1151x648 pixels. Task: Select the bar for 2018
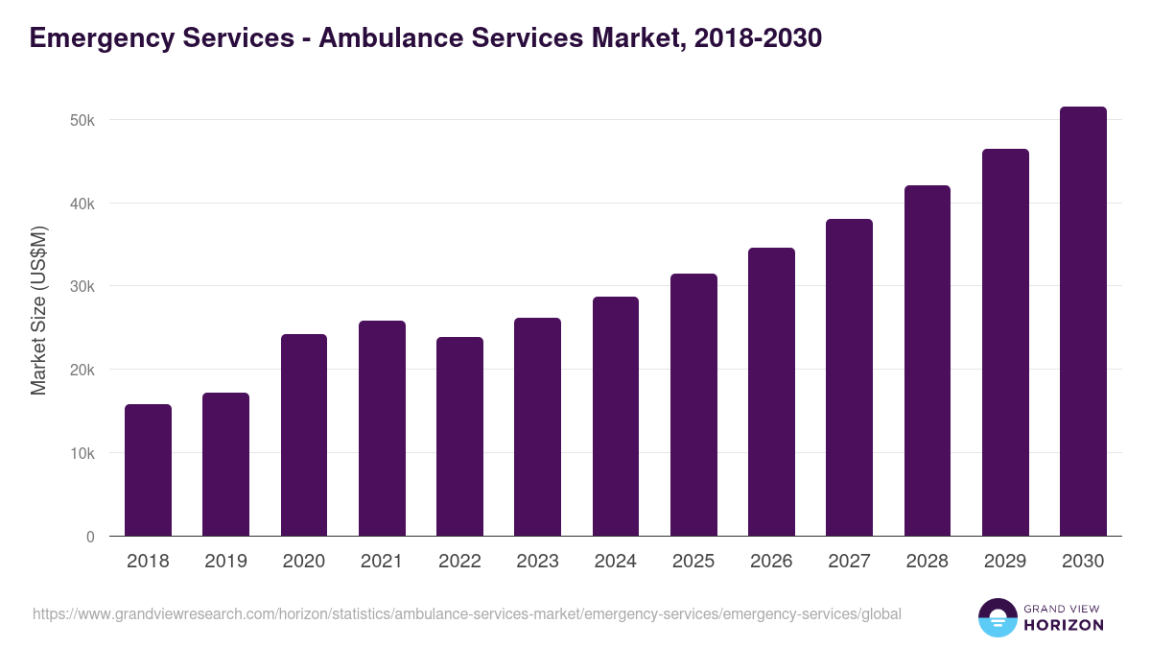148,470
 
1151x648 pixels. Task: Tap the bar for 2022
459,437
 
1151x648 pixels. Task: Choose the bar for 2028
927,361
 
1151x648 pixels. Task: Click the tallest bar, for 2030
1083,322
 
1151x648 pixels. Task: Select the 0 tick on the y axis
90,537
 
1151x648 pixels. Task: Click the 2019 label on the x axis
226,562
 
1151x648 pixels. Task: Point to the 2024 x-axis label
616,562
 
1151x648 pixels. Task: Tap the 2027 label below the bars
849,562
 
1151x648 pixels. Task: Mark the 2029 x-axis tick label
1005,562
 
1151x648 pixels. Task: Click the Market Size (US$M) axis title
38,309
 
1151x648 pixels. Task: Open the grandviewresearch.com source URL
466,613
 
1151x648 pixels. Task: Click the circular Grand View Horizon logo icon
998,618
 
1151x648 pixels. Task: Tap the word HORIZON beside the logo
1064,625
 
